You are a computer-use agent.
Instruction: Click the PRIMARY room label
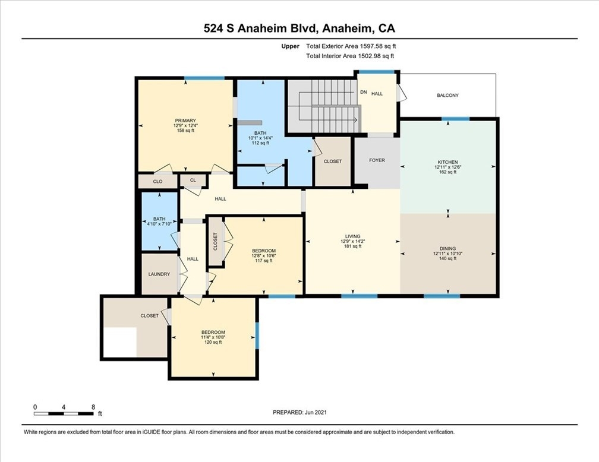185,121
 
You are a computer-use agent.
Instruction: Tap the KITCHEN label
447,162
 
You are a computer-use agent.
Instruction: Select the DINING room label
447,249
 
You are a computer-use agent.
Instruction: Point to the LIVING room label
352,236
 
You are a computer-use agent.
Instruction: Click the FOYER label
377,160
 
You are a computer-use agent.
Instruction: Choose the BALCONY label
447,96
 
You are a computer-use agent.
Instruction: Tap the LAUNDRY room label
159,274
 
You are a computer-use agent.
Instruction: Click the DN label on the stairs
364,92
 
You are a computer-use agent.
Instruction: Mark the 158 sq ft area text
185,130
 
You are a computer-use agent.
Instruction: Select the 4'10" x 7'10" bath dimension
159,224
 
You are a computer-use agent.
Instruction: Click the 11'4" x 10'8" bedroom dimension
213,337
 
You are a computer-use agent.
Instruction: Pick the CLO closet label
158,182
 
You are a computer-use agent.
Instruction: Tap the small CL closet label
193,180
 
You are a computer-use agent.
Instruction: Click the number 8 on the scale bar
93,407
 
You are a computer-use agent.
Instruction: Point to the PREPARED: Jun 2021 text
299,412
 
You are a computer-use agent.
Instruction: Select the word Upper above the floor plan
291,46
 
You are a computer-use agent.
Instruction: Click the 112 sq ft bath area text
260,143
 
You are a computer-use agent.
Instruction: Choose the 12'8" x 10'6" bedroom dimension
264,256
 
